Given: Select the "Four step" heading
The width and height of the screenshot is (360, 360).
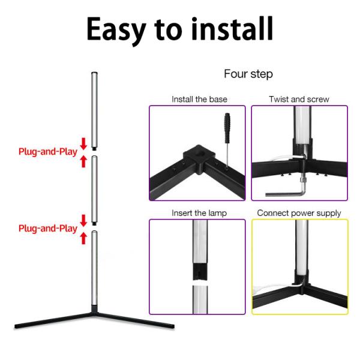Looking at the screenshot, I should [x=248, y=74].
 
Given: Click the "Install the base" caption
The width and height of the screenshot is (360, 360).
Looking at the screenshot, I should [x=199, y=99].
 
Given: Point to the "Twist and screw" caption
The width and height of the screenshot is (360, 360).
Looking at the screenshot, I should [x=299, y=99].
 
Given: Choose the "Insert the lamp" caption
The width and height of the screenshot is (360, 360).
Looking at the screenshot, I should [x=199, y=213].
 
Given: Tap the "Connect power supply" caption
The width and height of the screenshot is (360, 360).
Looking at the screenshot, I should [x=299, y=213].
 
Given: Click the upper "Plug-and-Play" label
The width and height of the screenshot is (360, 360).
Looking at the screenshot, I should [x=47, y=151].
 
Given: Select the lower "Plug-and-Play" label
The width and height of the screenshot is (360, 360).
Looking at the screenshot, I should [x=47, y=229].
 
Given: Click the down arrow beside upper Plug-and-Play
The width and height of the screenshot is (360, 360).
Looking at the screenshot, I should [x=83, y=143].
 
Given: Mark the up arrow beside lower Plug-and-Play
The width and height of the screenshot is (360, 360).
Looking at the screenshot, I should [x=83, y=238].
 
